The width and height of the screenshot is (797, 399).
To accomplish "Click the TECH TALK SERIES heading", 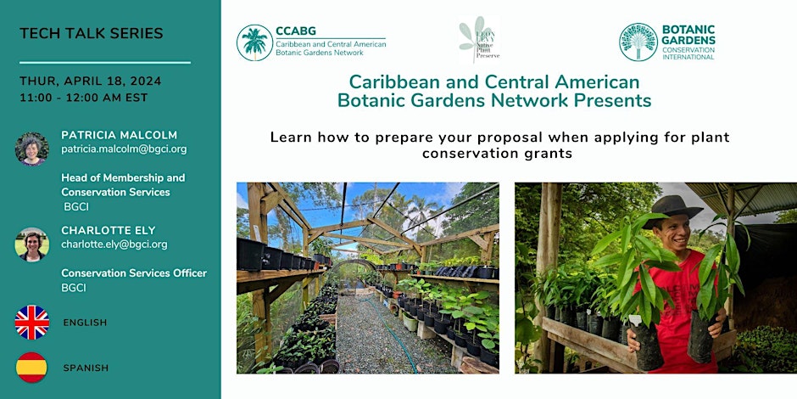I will (91, 34).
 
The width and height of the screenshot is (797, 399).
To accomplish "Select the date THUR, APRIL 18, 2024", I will (90, 81).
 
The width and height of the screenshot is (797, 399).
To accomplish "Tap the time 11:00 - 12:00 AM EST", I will (83, 98).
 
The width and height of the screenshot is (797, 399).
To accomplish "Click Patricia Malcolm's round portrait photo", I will (32, 149).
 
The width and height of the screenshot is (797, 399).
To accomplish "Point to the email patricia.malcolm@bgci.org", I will (124, 149).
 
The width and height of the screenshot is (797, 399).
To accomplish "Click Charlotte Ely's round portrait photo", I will (32, 244).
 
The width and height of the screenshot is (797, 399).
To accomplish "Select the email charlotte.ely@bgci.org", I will (114, 244).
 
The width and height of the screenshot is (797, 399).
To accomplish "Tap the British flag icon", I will (32, 323).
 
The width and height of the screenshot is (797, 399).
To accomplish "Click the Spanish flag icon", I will (32, 368).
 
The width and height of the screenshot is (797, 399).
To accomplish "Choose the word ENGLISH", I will (85, 323).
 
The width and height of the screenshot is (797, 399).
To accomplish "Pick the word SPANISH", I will (85, 368).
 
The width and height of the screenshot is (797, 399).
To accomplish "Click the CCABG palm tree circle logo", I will (254, 42).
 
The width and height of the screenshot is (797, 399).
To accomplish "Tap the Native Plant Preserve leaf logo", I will (479, 40).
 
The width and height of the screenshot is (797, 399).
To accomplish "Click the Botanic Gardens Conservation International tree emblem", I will (638, 42).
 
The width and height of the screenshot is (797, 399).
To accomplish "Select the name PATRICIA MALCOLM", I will (120, 134).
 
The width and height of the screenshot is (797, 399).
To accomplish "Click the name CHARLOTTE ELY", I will (109, 229).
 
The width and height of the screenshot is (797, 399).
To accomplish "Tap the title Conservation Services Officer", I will (134, 273).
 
